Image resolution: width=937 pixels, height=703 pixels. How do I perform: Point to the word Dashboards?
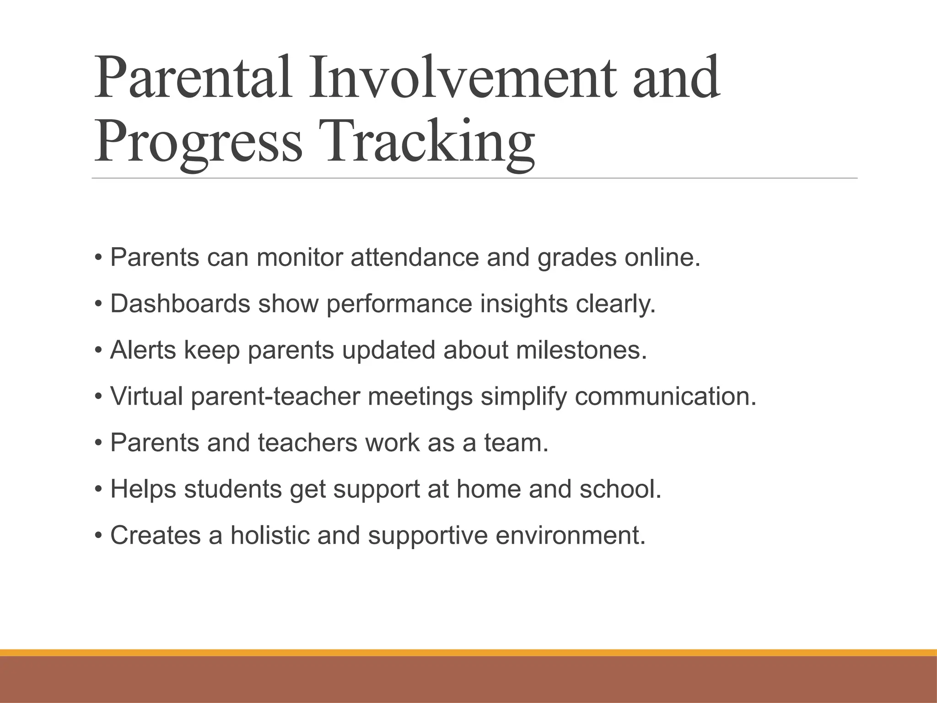click(x=180, y=304)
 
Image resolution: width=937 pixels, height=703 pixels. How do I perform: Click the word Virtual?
click(x=146, y=396)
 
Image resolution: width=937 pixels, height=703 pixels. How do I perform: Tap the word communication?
click(x=665, y=396)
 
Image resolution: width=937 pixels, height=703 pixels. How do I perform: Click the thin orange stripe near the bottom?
click(x=468, y=653)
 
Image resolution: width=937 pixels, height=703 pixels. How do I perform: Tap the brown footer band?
click(x=468, y=680)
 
